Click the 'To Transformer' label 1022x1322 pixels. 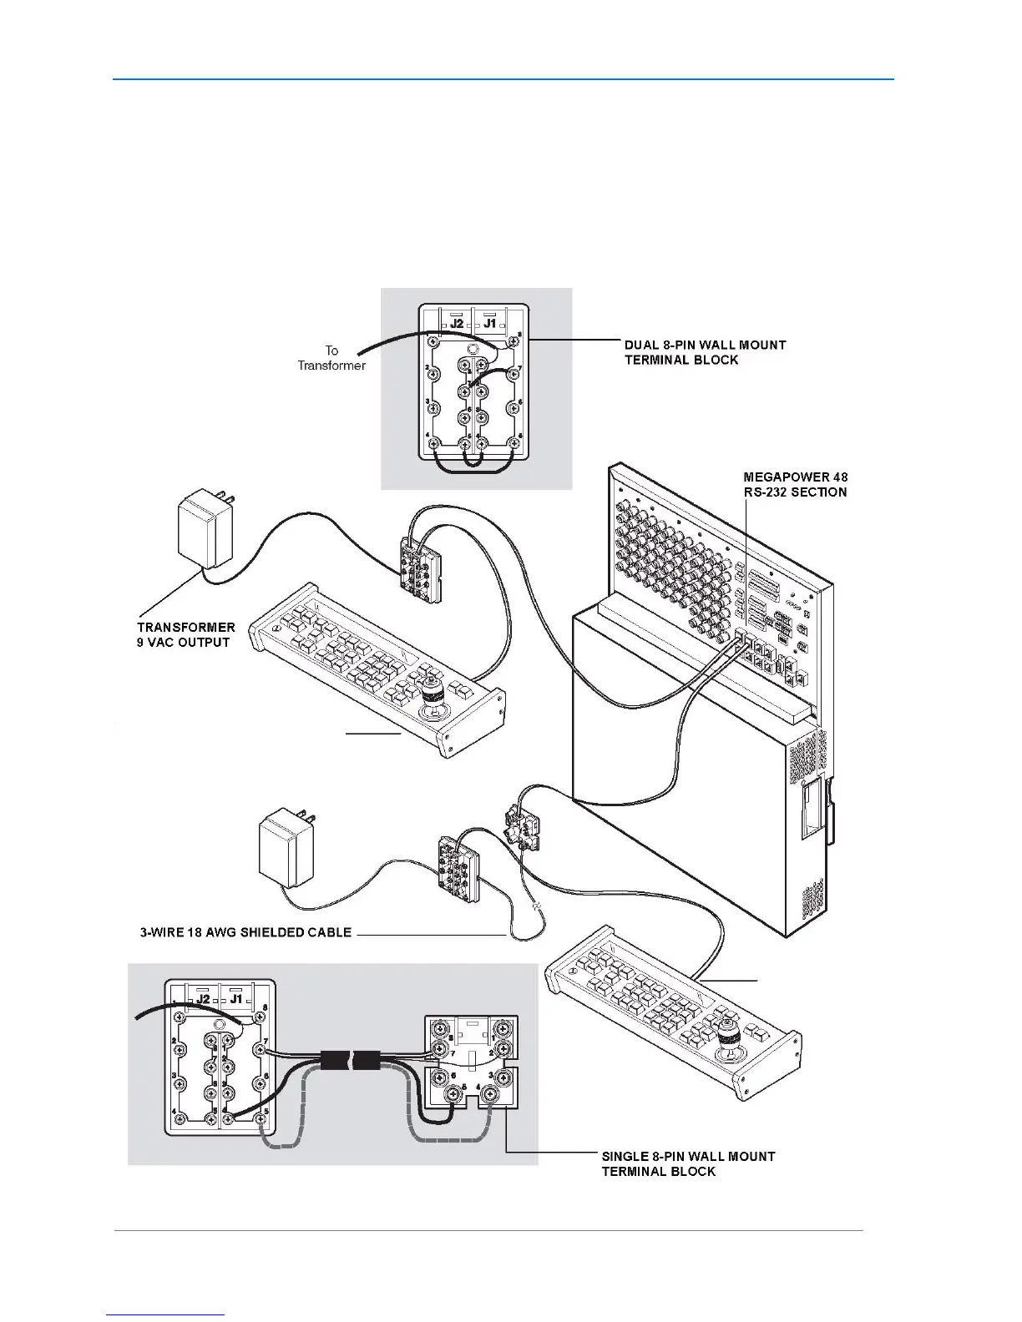(331, 358)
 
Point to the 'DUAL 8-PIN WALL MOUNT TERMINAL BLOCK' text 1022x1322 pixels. (705, 351)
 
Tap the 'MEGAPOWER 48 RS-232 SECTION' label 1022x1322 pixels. (794, 484)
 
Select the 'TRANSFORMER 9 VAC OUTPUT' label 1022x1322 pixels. (185, 634)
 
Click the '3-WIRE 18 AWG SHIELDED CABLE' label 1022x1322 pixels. (245, 931)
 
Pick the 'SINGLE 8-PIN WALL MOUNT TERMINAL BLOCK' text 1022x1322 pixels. (687, 1163)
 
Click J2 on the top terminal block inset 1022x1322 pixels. (457, 322)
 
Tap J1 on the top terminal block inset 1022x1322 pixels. (489, 322)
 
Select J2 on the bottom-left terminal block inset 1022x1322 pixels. (203, 997)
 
